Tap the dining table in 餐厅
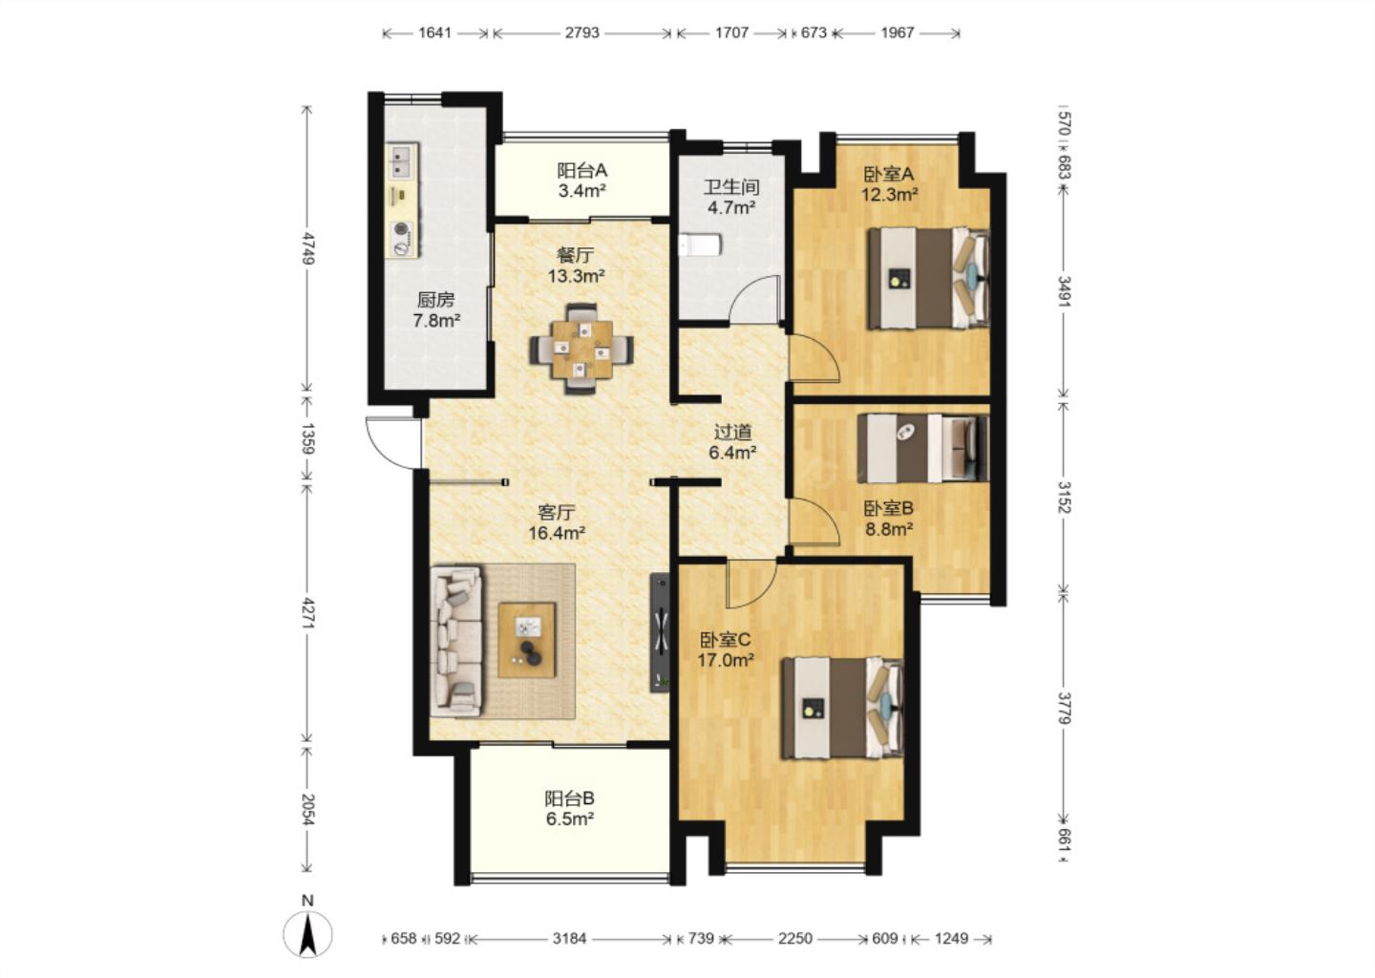582,349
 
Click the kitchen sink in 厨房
402,160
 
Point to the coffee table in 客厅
527,640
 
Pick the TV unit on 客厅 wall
660,632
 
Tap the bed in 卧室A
927,278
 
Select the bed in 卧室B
923,448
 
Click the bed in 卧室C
842,708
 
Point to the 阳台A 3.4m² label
582,180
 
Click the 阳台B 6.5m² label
570,808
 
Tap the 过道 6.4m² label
732,442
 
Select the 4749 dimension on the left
307,248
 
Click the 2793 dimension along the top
582,32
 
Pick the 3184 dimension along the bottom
570,939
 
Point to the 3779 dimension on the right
1064,708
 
